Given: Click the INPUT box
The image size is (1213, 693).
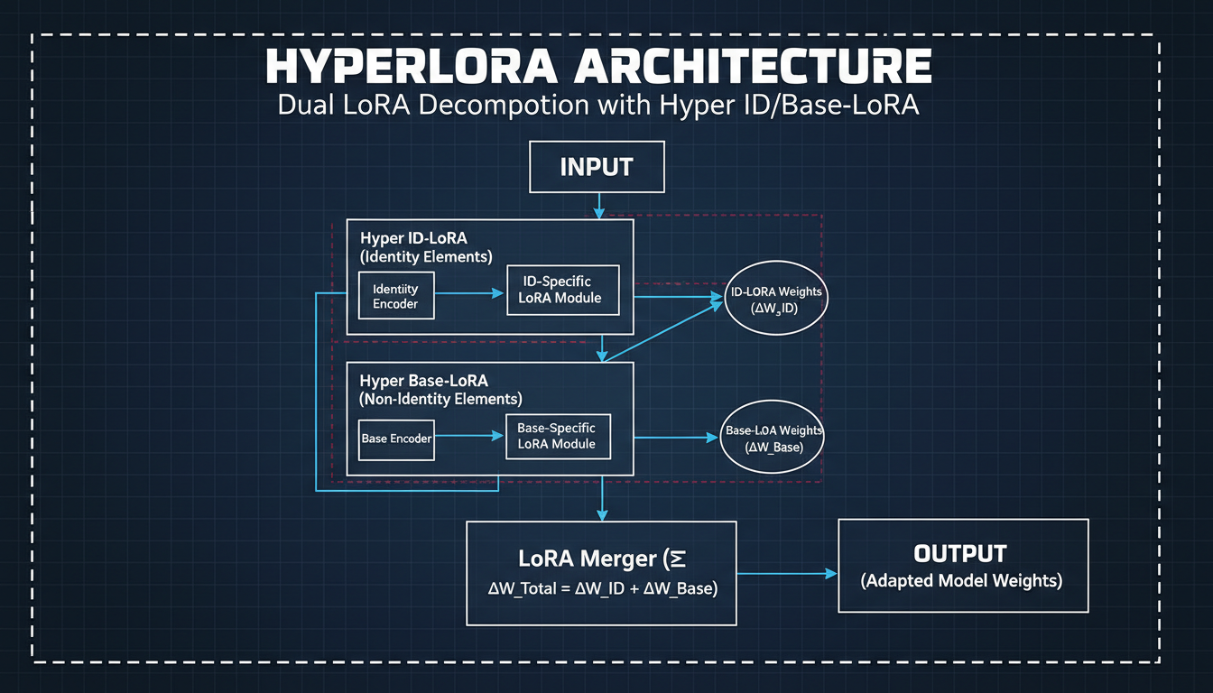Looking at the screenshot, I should (597, 167).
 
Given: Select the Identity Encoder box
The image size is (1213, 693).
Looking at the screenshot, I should (395, 296).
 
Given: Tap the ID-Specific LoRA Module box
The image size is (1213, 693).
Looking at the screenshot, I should (563, 290).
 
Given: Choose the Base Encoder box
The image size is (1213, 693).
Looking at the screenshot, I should (396, 439).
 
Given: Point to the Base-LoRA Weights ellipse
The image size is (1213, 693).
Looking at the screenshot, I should (774, 438).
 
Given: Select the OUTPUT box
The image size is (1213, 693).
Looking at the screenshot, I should (963, 566).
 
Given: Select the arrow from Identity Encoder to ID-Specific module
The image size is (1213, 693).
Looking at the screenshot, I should (470, 293).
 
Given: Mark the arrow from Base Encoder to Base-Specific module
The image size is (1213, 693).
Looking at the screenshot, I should (469, 436).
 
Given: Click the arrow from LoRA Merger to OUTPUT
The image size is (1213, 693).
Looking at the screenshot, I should (786, 573).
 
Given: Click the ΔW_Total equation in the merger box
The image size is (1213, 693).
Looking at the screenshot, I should (602, 588).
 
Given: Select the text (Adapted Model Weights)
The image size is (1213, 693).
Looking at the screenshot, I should (962, 581).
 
